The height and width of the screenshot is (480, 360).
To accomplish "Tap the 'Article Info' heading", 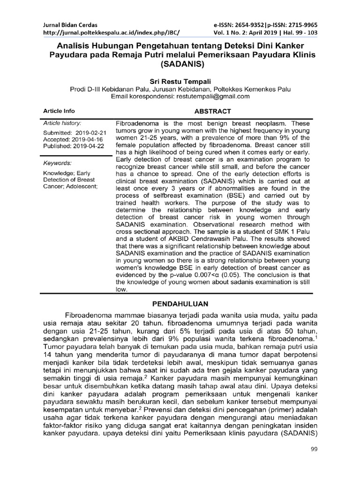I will (x=59, y=111).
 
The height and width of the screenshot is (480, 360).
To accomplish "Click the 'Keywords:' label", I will (x=57, y=163).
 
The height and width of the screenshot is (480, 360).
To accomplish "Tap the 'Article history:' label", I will (x=63, y=123).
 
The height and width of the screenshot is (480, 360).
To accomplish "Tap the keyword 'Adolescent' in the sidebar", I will (x=81, y=186).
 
